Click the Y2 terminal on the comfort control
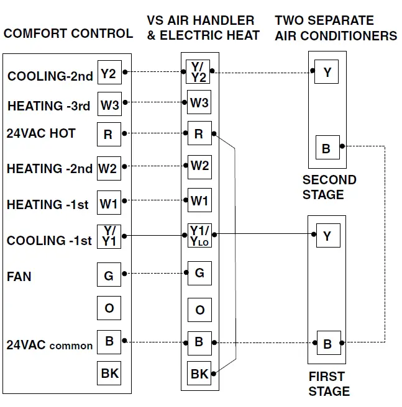coord(109,74)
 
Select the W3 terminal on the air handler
coord(199,103)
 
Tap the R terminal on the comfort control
coord(109,134)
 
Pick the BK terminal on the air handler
coord(199,373)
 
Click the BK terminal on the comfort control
coord(109,373)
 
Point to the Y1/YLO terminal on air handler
coord(199,235)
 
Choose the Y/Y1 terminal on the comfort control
coord(109,236)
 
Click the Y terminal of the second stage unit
coord(327,73)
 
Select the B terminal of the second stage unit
coord(327,149)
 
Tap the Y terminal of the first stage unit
coord(327,236)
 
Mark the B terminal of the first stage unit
coord(327,343)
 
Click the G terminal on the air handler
coord(199,272)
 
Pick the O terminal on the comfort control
coord(109,308)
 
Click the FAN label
coord(19,276)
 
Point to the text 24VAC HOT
coord(41,133)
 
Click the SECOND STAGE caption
coord(329,187)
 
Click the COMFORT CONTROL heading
coord(68,34)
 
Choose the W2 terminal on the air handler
coord(199,166)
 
